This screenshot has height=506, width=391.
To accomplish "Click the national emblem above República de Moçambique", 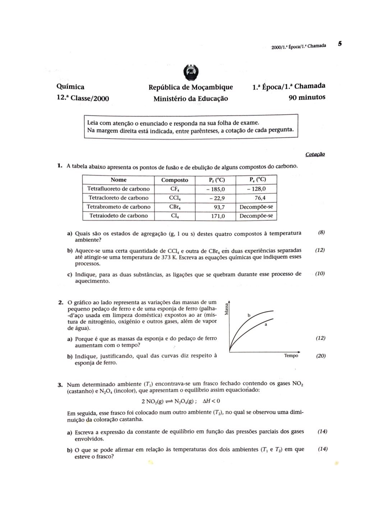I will click(x=190, y=73).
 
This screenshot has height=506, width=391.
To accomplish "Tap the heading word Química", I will click(x=70, y=87).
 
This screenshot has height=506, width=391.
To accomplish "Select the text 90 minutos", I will click(x=307, y=97).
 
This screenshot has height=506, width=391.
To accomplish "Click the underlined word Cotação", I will click(x=315, y=154).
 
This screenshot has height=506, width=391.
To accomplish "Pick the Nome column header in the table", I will click(x=119, y=180).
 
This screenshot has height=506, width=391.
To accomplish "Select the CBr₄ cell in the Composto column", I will click(x=175, y=207).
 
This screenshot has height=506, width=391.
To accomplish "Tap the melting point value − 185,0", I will click(x=215, y=189).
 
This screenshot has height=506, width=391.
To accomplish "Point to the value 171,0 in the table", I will click(x=218, y=216).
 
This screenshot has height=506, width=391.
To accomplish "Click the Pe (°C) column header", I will click(x=257, y=180).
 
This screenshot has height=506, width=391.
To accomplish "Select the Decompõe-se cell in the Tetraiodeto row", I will click(x=256, y=216).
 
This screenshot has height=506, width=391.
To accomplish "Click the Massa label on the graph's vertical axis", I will click(x=226, y=309).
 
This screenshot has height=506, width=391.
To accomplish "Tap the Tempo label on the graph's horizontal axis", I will click(x=291, y=355).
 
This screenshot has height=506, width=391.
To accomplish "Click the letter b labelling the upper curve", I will click(x=249, y=316).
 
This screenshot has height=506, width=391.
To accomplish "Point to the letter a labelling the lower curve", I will click(x=266, y=324).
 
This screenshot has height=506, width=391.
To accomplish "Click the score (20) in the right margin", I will click(x=321, y=356).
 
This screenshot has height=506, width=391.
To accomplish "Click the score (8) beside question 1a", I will click(x=321, y=233).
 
